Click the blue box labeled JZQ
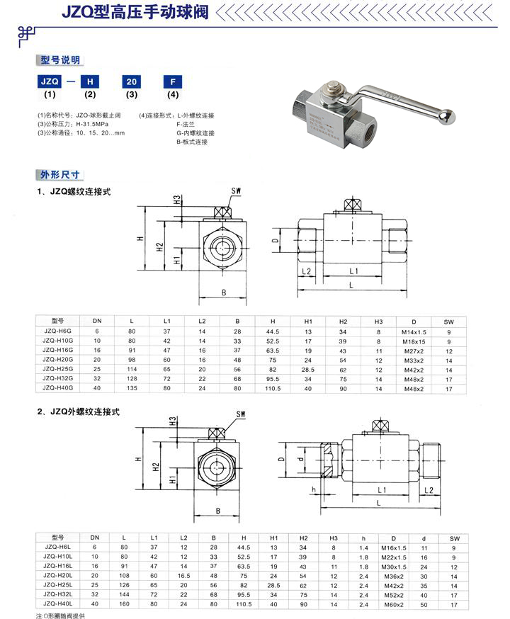[50, 81]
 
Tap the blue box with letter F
[171, 81]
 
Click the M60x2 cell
[394, 605]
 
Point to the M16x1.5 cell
[394, 547]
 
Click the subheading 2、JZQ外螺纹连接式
[84, 411]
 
